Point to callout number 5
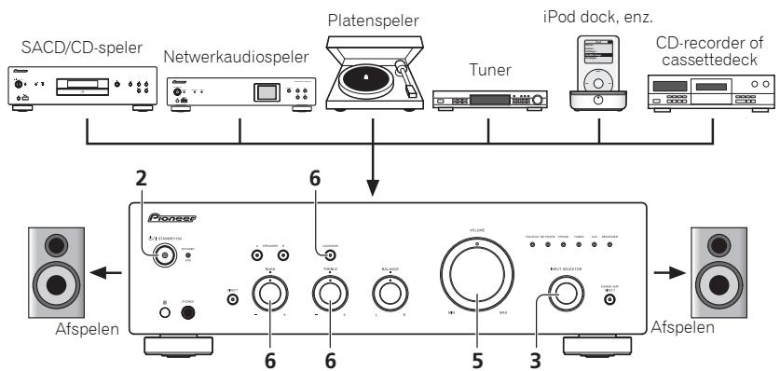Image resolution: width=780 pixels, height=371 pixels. tap(478, 355)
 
